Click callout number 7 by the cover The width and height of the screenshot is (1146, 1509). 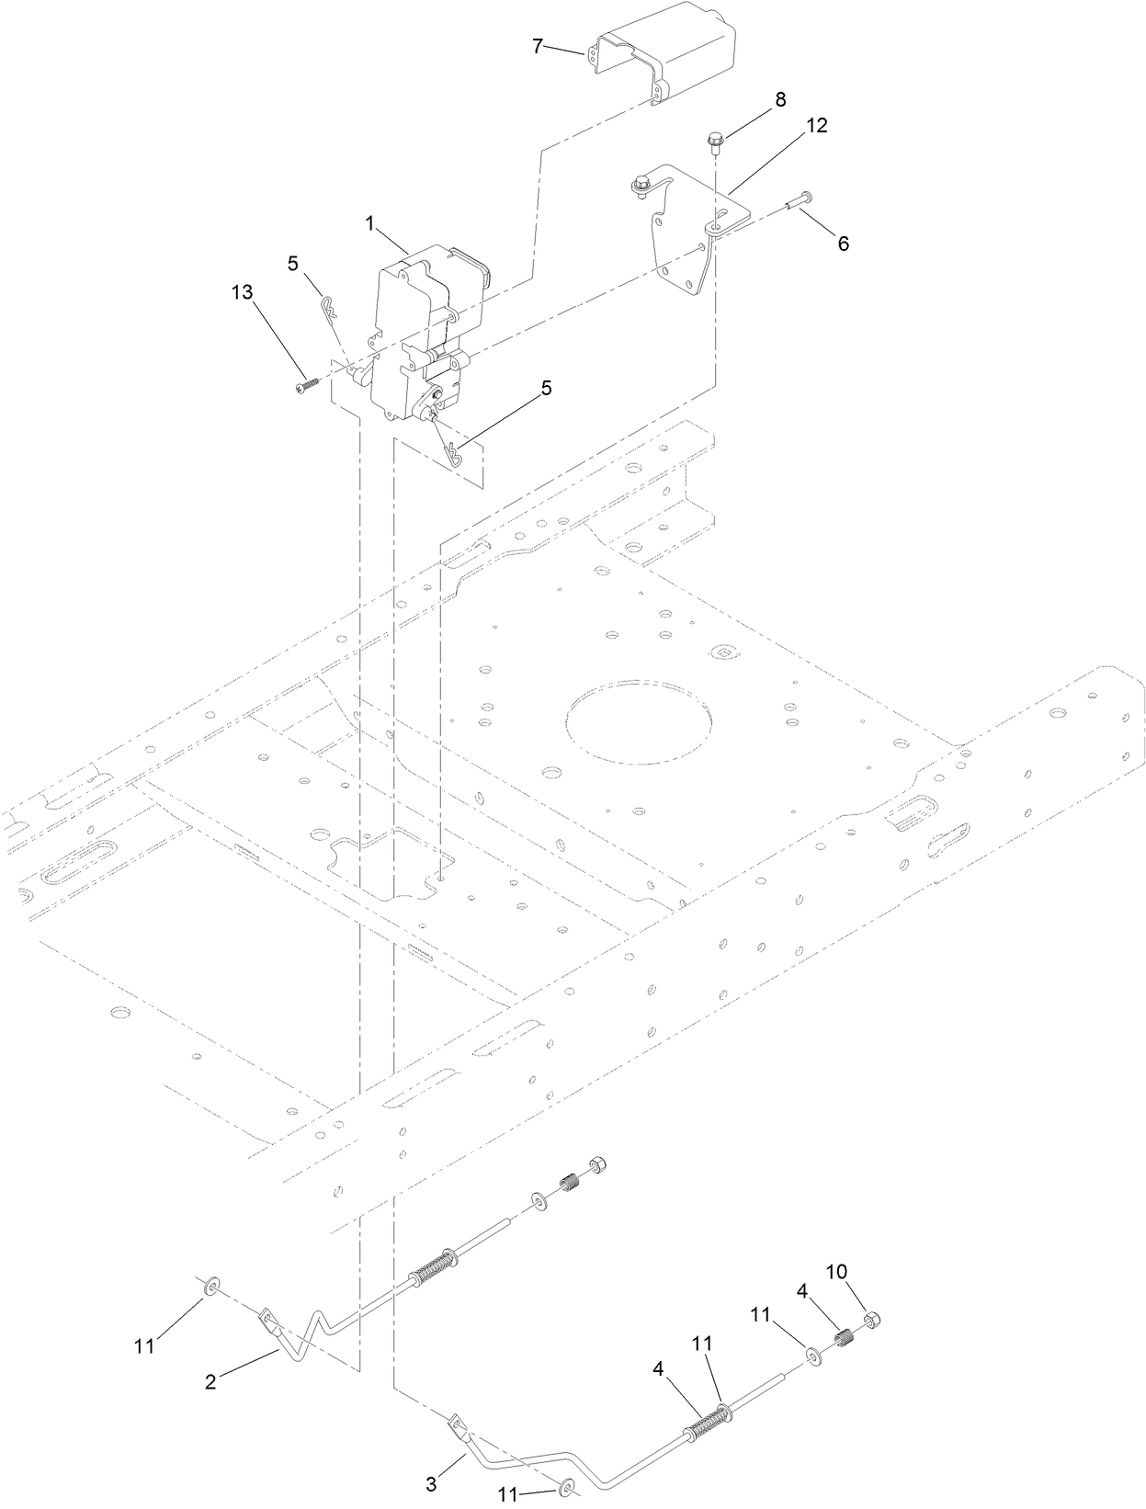(538, 46)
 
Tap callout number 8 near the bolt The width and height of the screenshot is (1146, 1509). (779, 99)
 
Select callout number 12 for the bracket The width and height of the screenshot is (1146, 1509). (817, 127)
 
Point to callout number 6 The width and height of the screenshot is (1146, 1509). (843, 244)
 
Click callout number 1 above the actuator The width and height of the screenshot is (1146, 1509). (369, 222)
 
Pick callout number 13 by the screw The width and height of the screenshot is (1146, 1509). (242, 291)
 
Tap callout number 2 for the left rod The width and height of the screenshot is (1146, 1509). (210, 1381)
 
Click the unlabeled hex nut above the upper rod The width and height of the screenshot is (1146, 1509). (595, 1163)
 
